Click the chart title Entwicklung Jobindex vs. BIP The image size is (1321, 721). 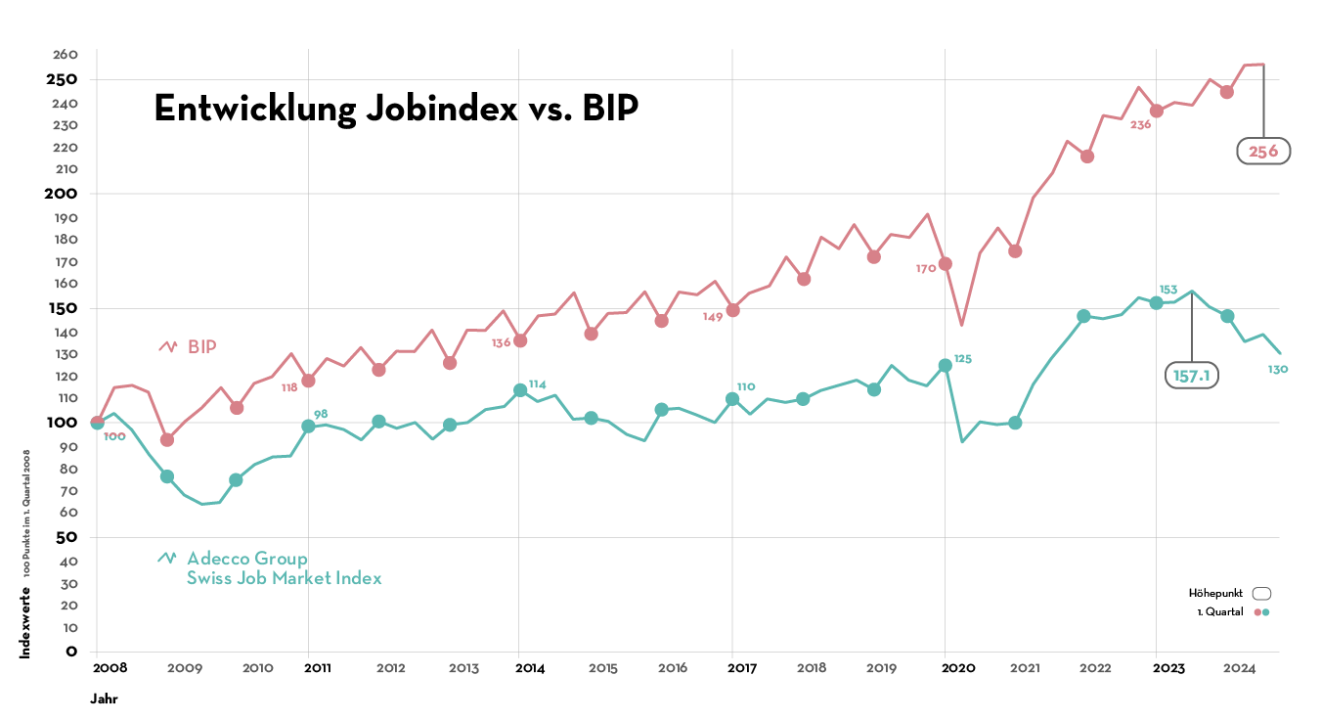pos(396,109)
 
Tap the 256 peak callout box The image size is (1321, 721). pos(1263,151)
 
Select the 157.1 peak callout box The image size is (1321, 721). pos(1191,375)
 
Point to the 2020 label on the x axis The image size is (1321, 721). pos(958,668)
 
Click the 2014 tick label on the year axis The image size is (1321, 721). pos(530,668)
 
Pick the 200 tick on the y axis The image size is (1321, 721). pos(64,193)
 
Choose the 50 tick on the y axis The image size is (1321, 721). pos(67,537)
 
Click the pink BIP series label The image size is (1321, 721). pos(201,346)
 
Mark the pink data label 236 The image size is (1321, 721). pos(1140,124)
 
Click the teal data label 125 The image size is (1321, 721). pos(963,359)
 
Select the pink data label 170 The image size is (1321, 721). pos(926,268)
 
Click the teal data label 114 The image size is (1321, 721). pos(538,383)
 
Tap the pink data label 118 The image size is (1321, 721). pos(289,387)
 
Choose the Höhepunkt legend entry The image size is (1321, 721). pos(1228,593)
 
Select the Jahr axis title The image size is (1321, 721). pos(105,699)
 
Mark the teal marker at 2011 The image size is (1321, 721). pos(309,426)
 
